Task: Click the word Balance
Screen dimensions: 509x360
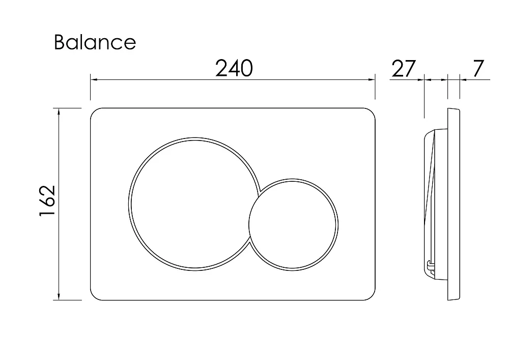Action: click(x=95, y=42)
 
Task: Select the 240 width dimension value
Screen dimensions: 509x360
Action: click(x=234, y=69)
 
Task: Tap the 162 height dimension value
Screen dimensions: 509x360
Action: click(x=47, y=201)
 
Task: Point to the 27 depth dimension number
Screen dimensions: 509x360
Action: click(x=404, y=69)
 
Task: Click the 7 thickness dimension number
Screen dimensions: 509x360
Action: click(x=478, y=69)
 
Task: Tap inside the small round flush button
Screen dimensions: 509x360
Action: click(x=294, y=225)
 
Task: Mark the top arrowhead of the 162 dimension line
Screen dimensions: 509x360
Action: click(x=59, y=112)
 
